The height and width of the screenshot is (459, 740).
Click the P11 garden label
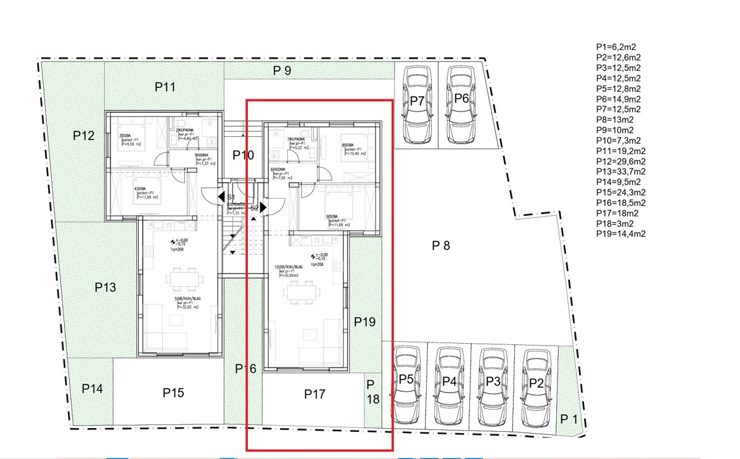pos(165,88)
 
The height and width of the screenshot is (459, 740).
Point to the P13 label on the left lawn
pos(105,287)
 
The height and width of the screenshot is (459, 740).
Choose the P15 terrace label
pos(173,392)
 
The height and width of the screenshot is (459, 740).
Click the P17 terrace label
pos(314,394)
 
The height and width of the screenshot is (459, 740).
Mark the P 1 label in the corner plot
pos(569,420)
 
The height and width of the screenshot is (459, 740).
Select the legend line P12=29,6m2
pos(621,161)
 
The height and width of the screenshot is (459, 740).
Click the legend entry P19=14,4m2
pos(621,234)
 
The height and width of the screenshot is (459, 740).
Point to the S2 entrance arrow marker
pos(263,207)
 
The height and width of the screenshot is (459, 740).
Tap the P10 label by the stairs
pos(243,155)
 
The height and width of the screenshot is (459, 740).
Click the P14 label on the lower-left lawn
pos(92,389)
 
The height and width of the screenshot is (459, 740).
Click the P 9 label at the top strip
pos(282,70)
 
